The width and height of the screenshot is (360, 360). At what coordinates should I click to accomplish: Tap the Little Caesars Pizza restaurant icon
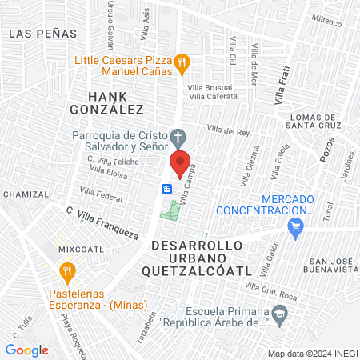tap(182, 61)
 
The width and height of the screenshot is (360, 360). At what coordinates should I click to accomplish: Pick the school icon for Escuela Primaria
tap(278, 313)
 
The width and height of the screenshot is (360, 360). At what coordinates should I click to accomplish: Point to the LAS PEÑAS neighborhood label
tap(42, 33)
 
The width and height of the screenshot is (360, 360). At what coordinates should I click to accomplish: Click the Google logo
tap(27, 350)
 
